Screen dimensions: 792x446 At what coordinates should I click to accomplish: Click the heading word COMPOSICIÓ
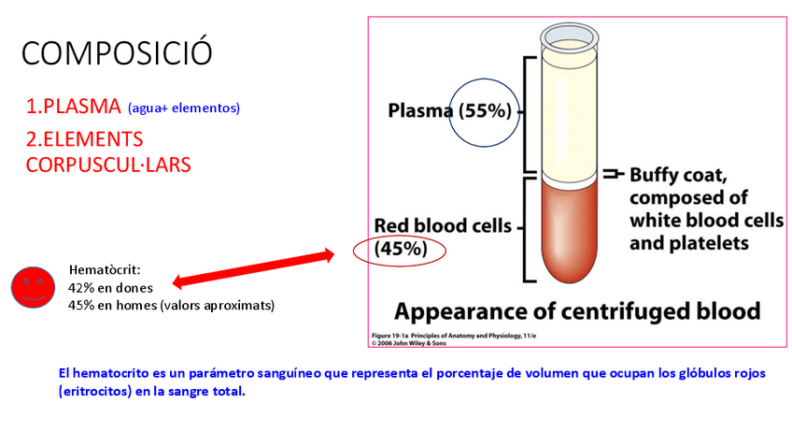click(x=117, y=52)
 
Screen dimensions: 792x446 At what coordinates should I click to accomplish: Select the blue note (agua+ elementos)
click(x=184, y=108)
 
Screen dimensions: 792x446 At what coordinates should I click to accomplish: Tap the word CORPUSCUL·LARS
click(x=108, y=164)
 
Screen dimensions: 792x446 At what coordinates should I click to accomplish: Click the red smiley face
click(x=33, y=287)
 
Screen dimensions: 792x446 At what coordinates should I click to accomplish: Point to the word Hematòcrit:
click(x=104, y=271)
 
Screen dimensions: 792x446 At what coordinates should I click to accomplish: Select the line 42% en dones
click(x=110, y=288)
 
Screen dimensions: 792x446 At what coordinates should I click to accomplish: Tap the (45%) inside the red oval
click(x=401, y=249)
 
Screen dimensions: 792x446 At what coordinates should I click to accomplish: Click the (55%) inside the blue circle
click(x=485, y=111)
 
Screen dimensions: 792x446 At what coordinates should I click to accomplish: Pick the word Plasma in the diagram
click(x=421, y=111)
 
